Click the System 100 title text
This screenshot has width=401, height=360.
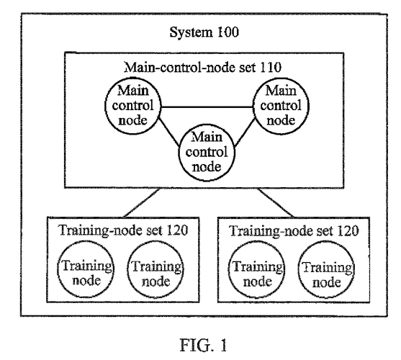[204, 32]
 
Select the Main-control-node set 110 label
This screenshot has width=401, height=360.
[202, 68]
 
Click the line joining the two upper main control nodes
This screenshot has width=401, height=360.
[207, 107]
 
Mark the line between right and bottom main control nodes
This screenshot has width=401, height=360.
[245, 132]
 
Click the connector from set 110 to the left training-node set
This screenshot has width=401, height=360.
[141, 203]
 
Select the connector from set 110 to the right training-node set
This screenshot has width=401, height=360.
[276, 203]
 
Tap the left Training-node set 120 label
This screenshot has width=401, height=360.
[123, 230]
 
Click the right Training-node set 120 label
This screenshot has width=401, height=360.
[294, 230]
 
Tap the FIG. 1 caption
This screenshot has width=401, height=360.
[203, 345]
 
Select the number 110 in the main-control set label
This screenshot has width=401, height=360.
[271, 67]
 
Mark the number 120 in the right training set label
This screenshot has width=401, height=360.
[348, 230]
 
